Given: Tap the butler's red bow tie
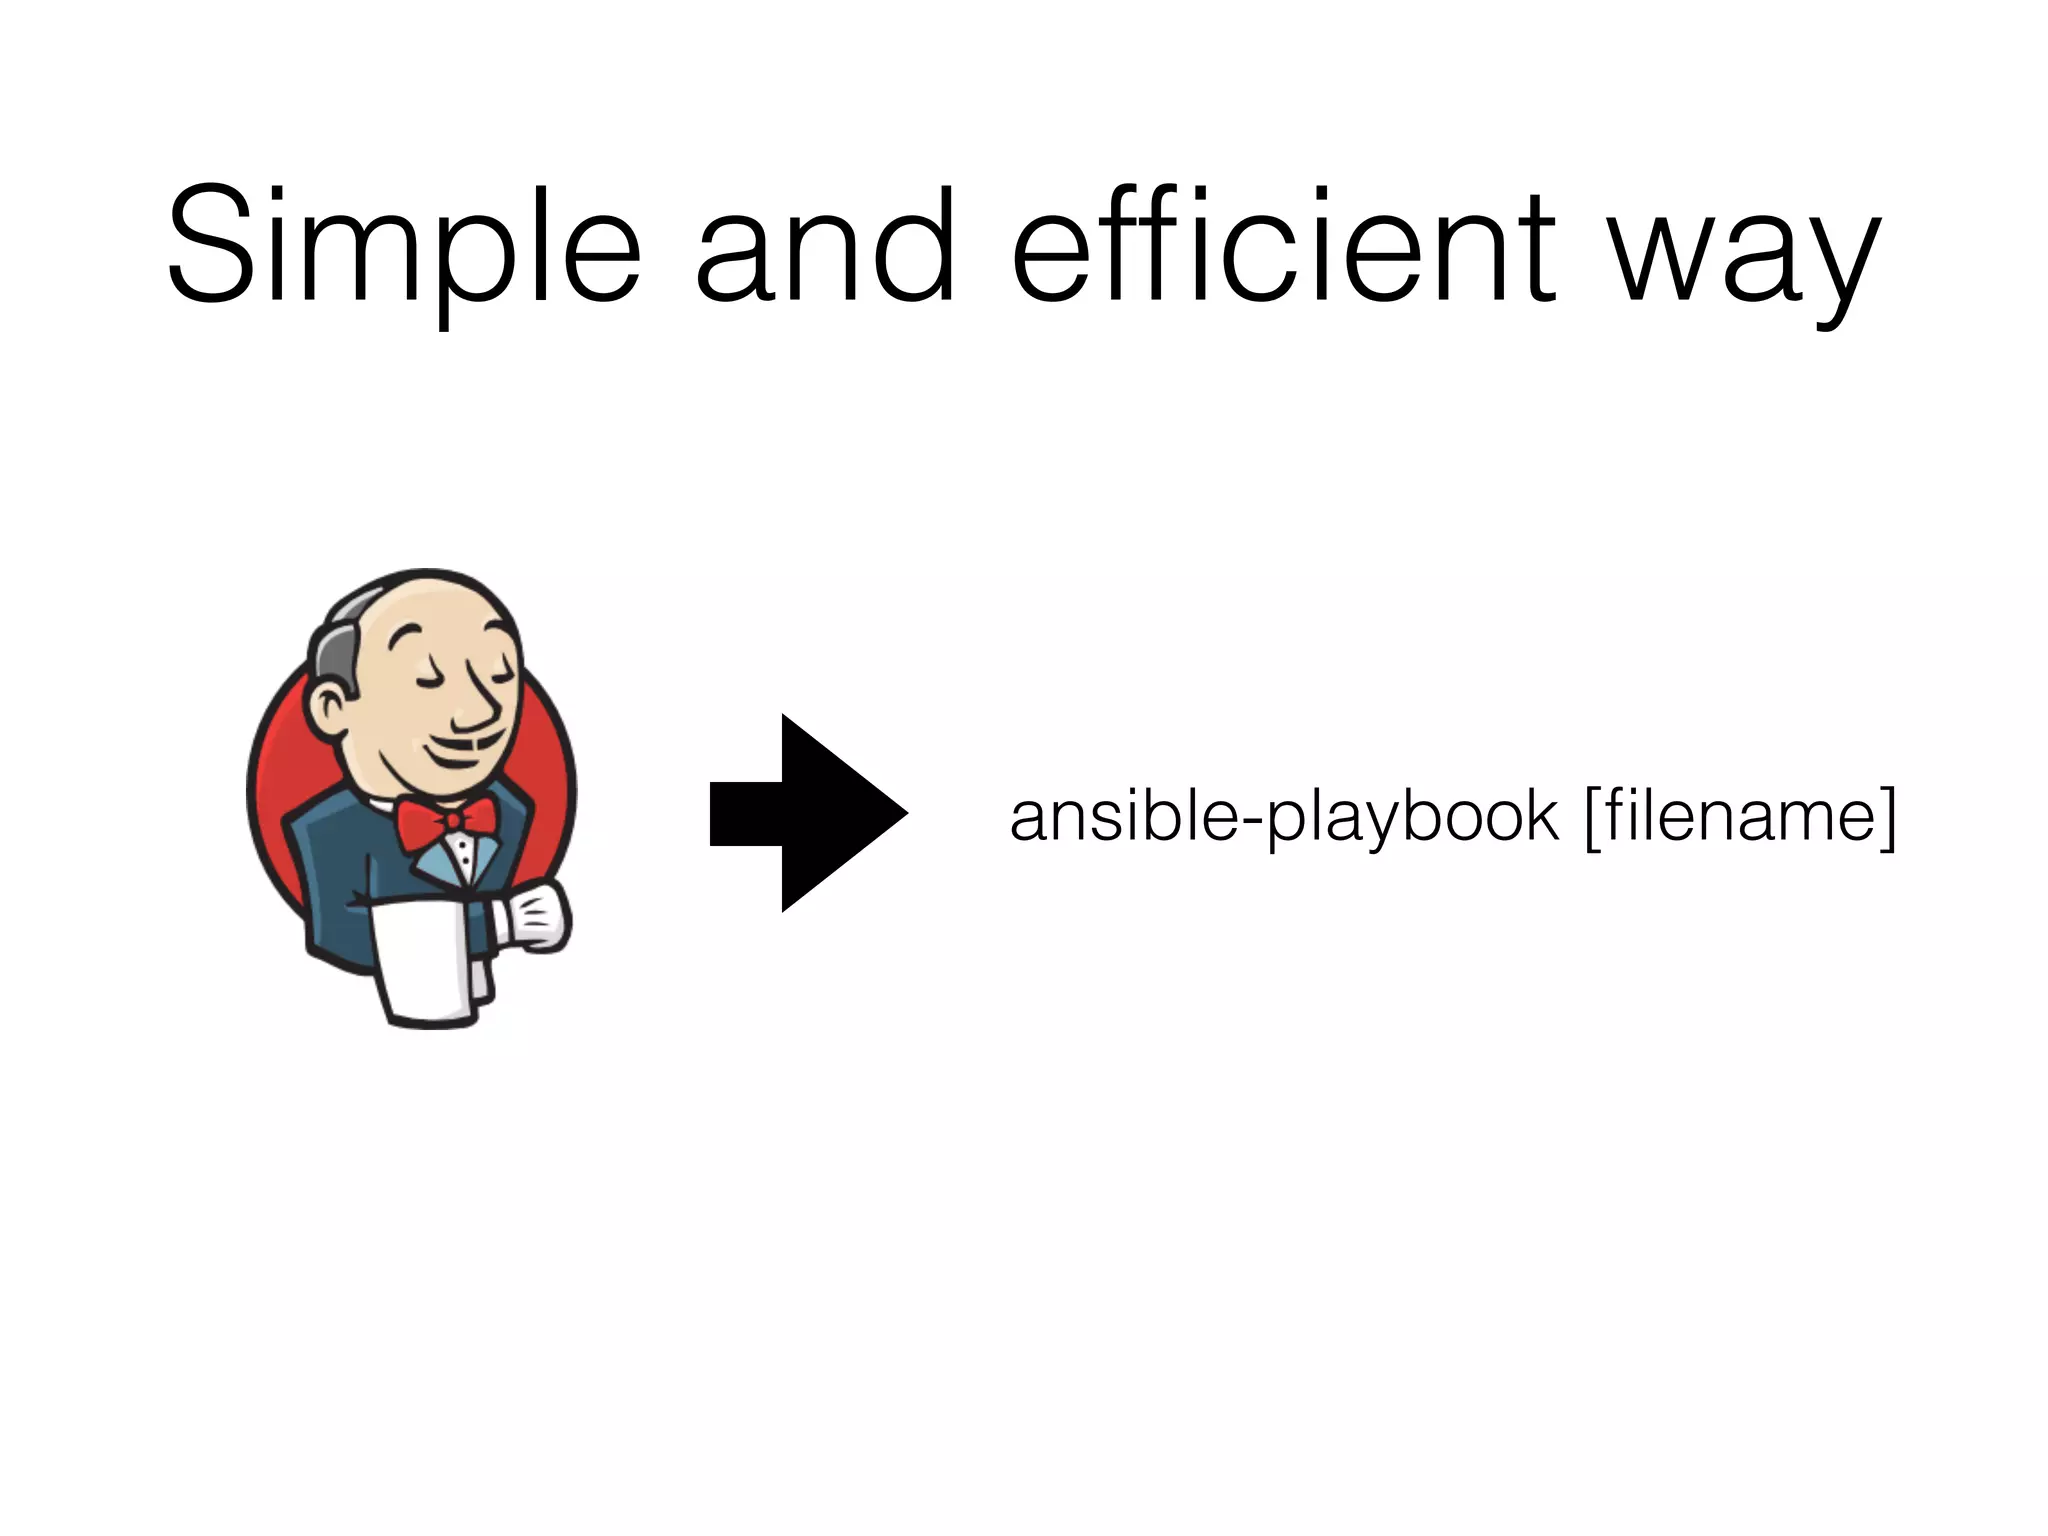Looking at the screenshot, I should pyautogui.click(x=447, y=821).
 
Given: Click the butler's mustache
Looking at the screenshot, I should pyautogui.click(x=480, y=744).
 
